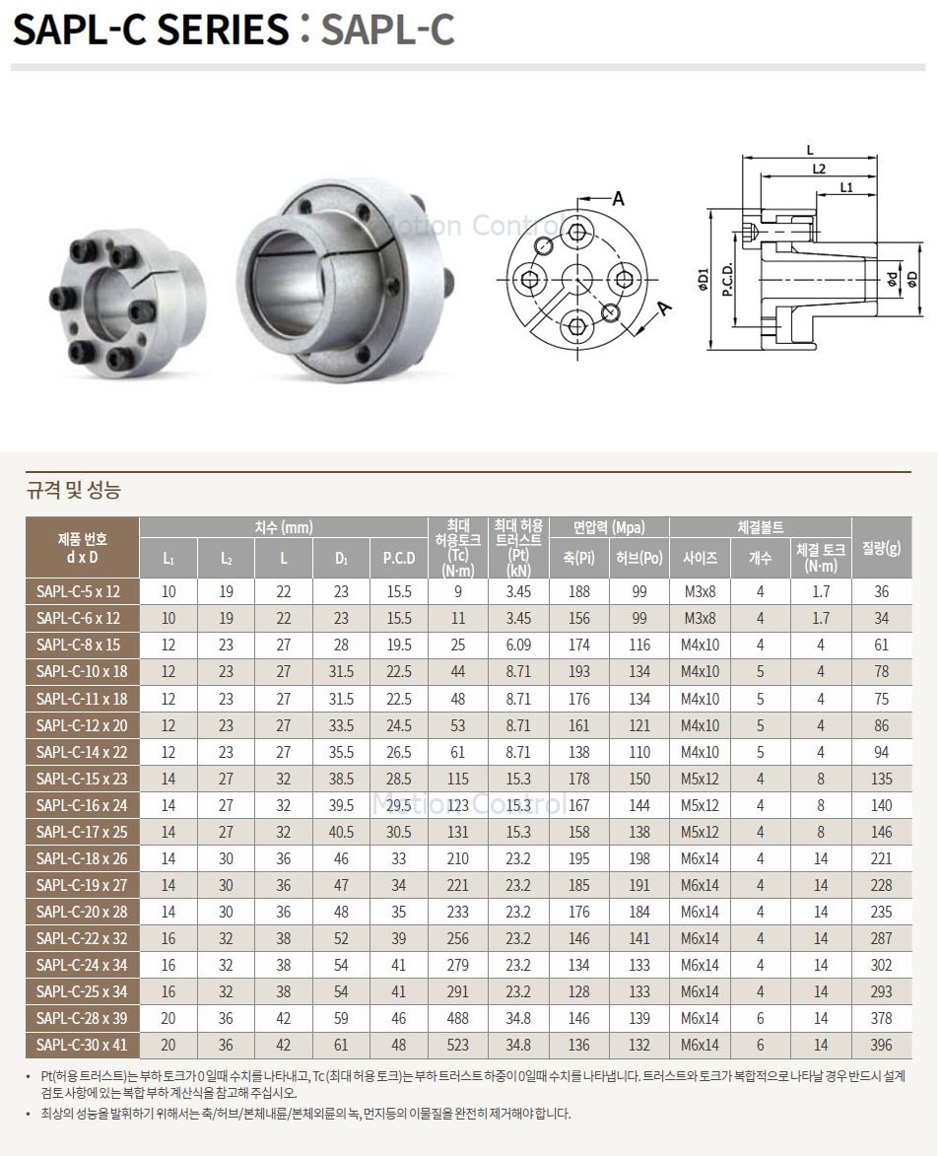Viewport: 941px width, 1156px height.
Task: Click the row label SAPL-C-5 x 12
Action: (x=78, y=591)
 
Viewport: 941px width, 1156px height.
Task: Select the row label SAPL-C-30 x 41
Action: (x=81, y=1045)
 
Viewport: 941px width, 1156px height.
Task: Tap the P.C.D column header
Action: (x=399, y=558)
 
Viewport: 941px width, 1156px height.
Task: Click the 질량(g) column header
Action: (x=881, y=548)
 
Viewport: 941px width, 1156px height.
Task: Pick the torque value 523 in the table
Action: (x=457, y=1045)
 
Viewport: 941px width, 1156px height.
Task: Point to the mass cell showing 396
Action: (x=881, y=1045)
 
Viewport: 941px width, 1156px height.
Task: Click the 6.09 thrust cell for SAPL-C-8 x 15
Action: (x=518, y=645)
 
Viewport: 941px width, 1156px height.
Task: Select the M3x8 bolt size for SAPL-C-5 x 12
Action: (x=700, y=591)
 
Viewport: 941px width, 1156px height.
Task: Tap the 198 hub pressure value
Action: (x=639, y=858)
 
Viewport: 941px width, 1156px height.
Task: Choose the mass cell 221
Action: (x=881, y=858)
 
